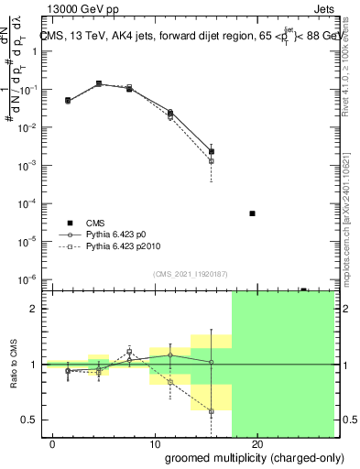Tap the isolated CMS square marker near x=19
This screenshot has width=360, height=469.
click(x=252, y=213)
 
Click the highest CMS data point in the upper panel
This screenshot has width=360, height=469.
click(x=99, y=83)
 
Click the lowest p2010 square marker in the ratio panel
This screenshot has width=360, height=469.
click(x=212, y=411)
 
